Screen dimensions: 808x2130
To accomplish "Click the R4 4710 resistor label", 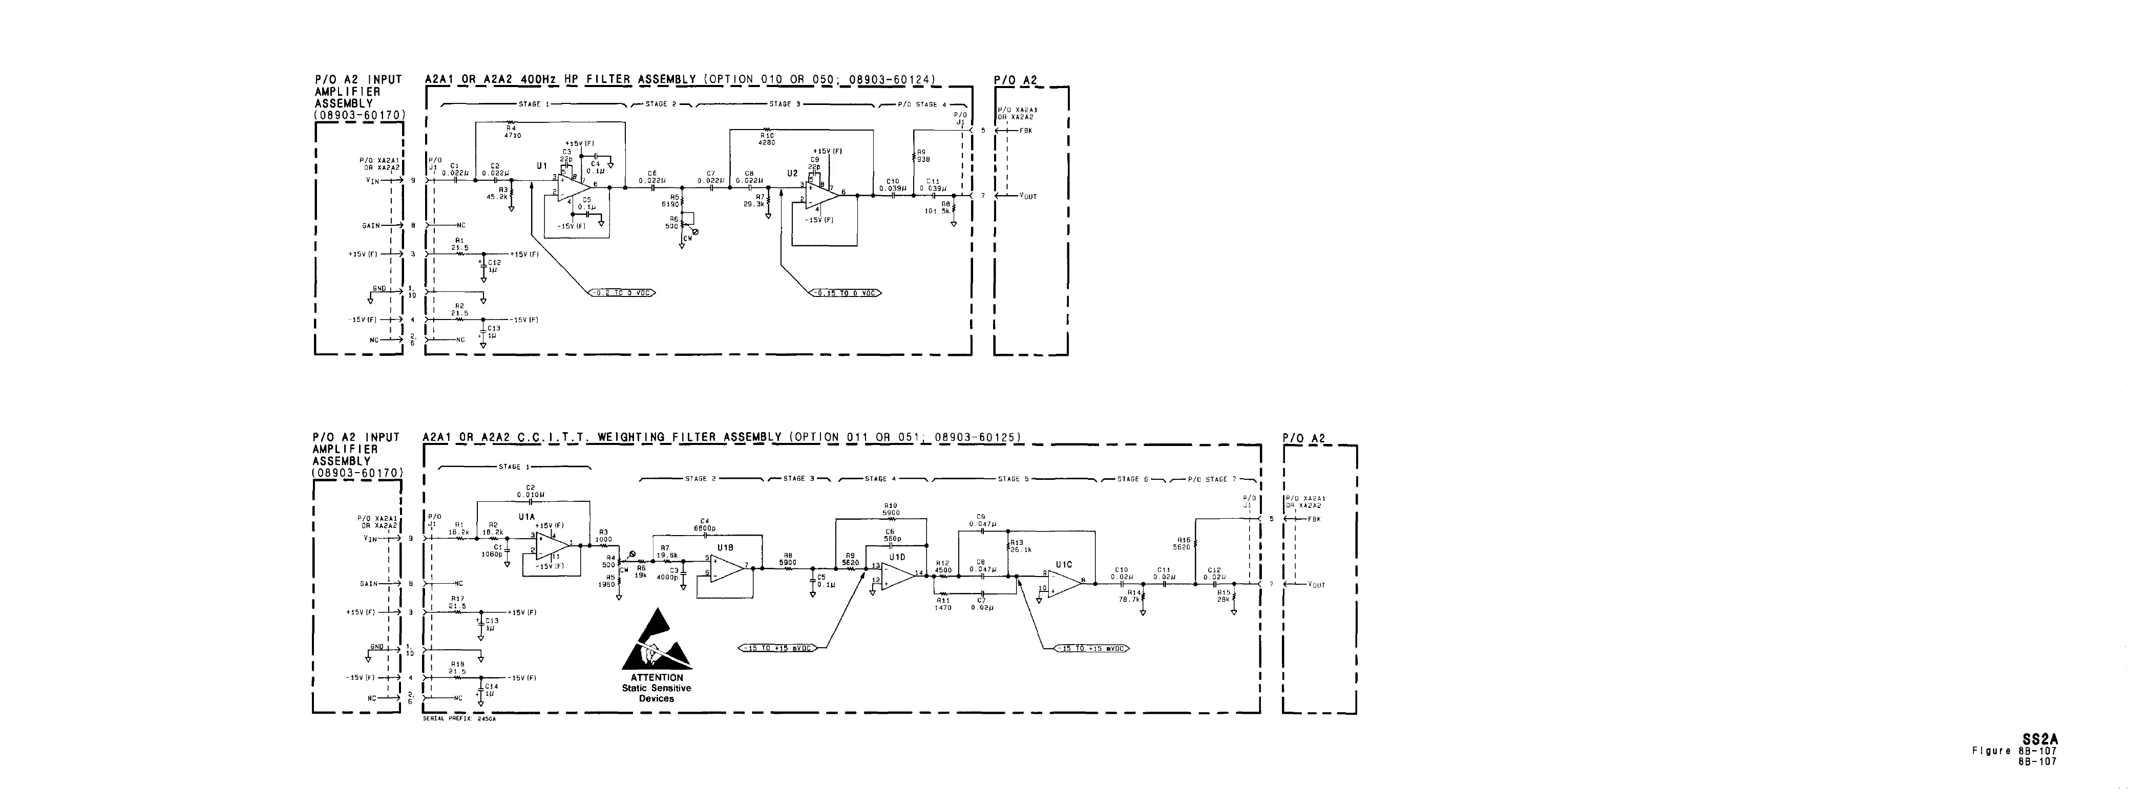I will click(x=513, y=132).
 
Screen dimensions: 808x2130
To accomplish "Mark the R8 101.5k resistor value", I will click(x=938, y=210).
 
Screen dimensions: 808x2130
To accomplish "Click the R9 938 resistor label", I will click(x=923, y=156).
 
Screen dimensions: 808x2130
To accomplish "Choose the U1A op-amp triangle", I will click(x=550, y=545).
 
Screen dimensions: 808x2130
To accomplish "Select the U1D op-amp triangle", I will click(x=898, y=573).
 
